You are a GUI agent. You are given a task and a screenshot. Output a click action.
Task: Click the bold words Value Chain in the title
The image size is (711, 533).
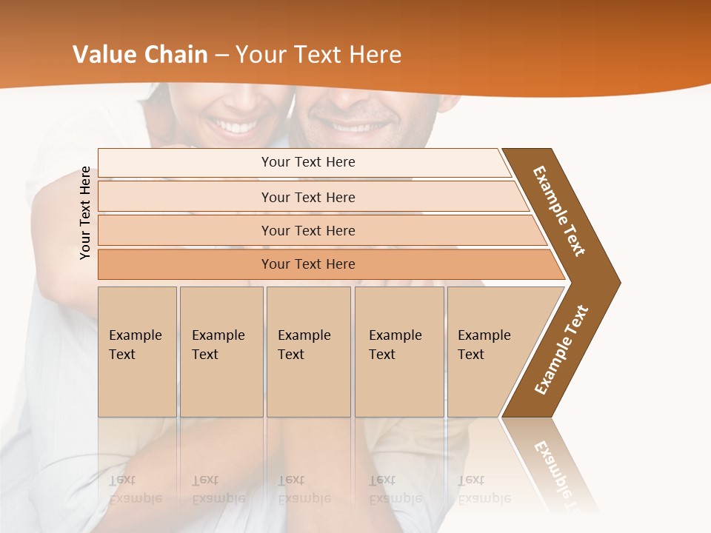[x=140, y=55]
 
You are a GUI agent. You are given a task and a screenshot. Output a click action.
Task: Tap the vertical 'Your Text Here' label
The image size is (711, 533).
[x=85, y=212]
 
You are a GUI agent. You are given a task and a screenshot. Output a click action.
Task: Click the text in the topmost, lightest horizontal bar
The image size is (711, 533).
[x=308, y=162]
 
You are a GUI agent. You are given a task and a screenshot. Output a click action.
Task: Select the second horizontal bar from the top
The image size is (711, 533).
[x=308, y=197]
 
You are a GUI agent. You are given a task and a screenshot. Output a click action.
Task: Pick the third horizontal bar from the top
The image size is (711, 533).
[x=308, y=230]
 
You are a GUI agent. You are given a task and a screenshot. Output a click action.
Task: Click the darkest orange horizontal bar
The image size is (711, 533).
[x=308, y=264]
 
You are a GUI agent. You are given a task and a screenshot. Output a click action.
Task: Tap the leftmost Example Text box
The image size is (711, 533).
[x=137, y=351]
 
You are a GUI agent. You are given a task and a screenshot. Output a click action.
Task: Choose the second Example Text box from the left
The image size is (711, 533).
[x=221, y=351]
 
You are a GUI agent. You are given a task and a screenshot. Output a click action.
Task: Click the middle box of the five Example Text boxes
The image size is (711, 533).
[x=308, y=351]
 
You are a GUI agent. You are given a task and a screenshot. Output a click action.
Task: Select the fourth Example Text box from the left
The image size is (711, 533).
[x=398, y=351]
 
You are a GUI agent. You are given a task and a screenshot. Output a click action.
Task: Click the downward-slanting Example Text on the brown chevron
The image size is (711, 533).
[x=559, y=211]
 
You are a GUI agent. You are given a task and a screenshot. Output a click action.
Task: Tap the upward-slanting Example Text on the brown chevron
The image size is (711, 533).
[x=561, y=349]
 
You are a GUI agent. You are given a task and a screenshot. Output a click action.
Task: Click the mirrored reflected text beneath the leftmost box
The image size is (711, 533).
[x=135, y=489]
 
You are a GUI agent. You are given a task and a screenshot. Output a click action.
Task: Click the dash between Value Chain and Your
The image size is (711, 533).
[x=221, y=56]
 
